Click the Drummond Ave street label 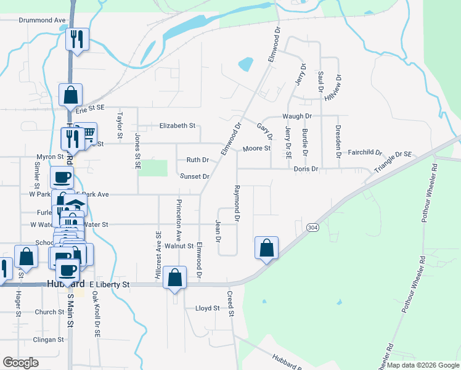42,20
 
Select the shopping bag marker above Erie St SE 70,96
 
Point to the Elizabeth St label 177,126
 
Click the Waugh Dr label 297,116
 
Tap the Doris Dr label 306,169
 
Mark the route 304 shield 311,228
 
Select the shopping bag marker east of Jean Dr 266,249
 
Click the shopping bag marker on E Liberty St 175,278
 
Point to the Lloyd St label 207,308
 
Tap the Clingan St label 49,340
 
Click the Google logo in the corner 20,363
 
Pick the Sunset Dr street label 195,176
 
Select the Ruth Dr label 198,160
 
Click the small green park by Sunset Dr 153,168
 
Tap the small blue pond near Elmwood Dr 245,64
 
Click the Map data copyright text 422,365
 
